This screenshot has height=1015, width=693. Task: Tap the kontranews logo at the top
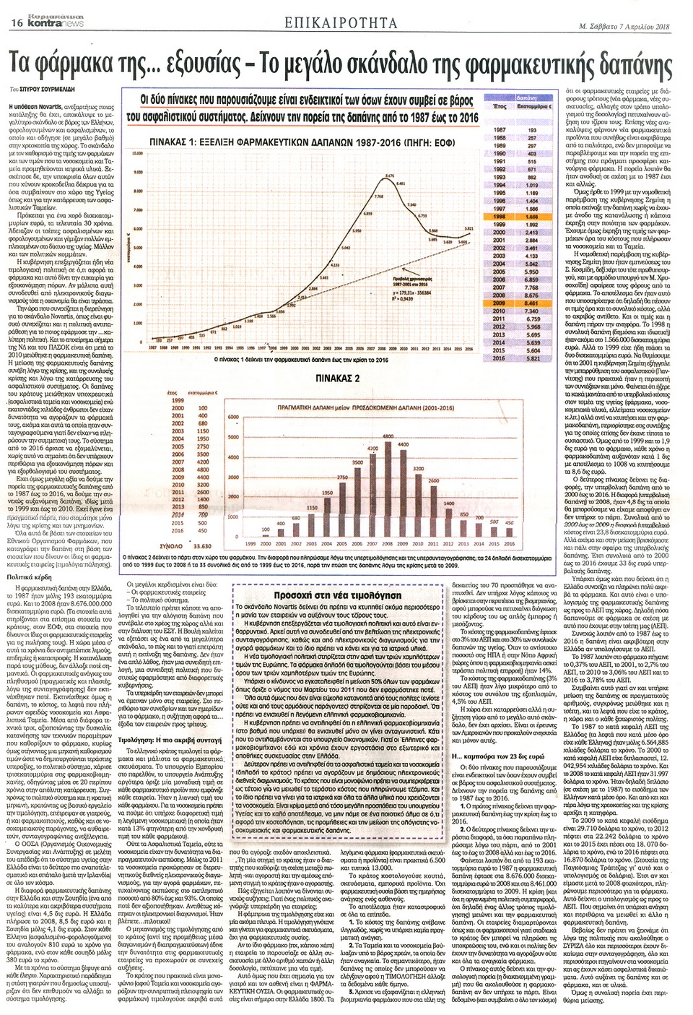point(61,22)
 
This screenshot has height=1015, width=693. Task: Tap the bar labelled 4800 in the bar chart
point(388,491)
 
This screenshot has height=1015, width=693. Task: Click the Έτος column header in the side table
point(498,106)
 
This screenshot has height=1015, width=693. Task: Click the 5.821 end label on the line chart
point(468,228)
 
